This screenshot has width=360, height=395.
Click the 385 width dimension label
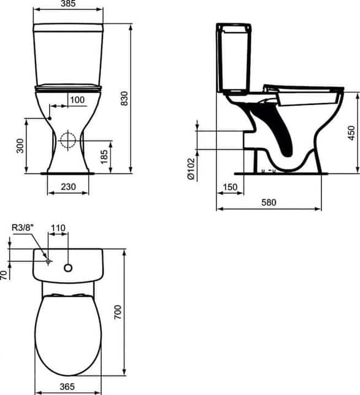pyautogui.click(x=68, y=4)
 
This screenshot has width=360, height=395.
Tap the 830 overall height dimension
pyautogui.click(x=124, y=99)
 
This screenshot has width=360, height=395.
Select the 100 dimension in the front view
pyautogui.click(x=77, y=100)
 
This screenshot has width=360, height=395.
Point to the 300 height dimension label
pyautogui.click(x=20, y=146)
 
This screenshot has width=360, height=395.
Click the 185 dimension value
pyautogui.click(x=104, y=156)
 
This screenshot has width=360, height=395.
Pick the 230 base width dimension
pyautogui.click(x=68, y=186)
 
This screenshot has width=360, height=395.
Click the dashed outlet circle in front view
pyautogui.click(x=68, y=140)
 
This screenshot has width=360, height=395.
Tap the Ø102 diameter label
pyautogui.click(x=191, y=169)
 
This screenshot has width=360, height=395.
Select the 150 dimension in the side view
pyautogui.click(x=230, y=187)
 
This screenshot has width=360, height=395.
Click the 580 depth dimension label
pyautogui.click(x=269, y=202)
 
